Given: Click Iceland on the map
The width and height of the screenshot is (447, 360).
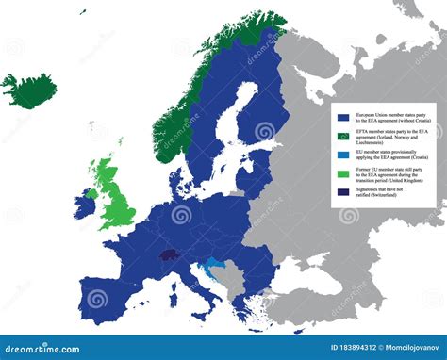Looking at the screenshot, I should (27, 90).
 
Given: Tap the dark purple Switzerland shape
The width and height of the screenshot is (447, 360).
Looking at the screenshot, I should (170, 254).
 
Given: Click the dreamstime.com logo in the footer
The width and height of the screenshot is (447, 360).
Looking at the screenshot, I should (42, 349).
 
